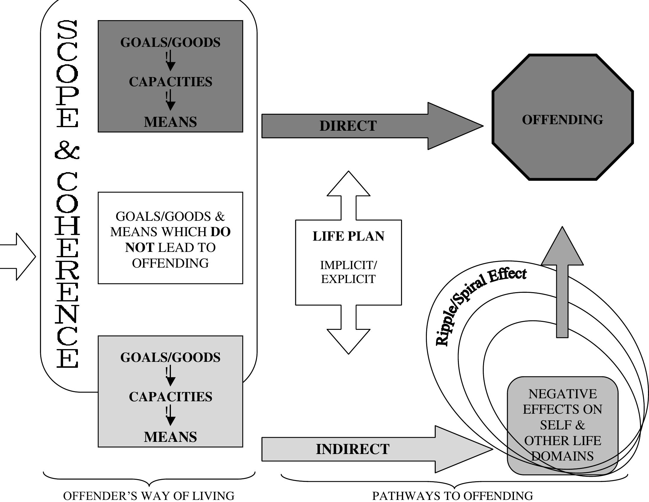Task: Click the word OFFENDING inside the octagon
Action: coord(562,120)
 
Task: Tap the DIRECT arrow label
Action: coord(348,126)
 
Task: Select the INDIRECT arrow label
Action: coord(352,449)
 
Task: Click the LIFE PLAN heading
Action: coord(348,236)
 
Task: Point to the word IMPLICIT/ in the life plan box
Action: coord(348,265)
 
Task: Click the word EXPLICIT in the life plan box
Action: coord(348,279)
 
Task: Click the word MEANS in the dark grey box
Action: coord(170,122)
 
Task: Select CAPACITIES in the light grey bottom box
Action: coord(170,397)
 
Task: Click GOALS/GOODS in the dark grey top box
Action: coord(170,42)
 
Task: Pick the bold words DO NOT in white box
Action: coord(140,247)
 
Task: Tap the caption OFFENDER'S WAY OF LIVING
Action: coord(149,495)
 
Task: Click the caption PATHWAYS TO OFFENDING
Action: coord(453,495)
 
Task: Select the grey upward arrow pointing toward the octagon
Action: coord(562,282)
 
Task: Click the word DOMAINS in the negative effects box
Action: coord(562,456)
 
